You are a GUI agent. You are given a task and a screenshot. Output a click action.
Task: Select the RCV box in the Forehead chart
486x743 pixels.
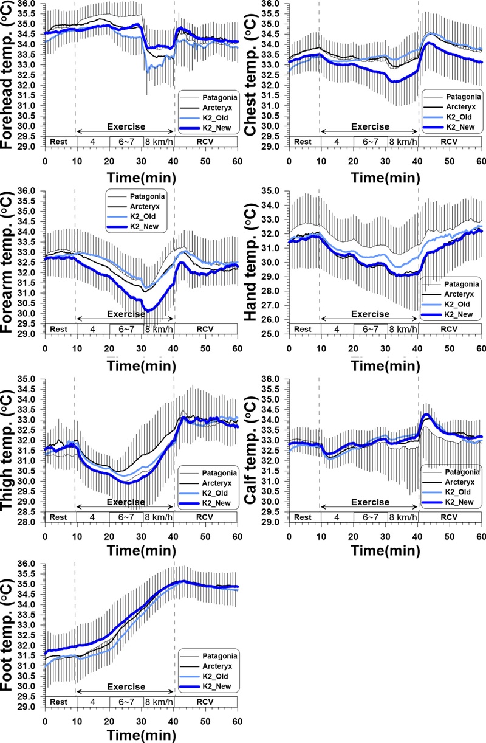pos(205,141)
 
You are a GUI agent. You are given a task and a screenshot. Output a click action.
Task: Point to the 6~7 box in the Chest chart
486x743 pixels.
pos(371,141)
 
